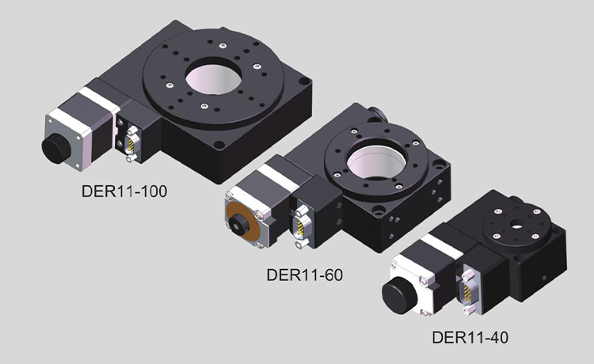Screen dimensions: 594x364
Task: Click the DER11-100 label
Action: coord(124,191)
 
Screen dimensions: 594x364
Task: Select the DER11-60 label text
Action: coord(305,275)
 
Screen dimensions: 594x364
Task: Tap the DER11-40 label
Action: coord(470,337)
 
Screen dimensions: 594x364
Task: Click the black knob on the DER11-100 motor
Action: coord(56,148)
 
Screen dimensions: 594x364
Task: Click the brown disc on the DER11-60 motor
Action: coord(244,224)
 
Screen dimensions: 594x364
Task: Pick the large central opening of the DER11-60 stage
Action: coord(376,162)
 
